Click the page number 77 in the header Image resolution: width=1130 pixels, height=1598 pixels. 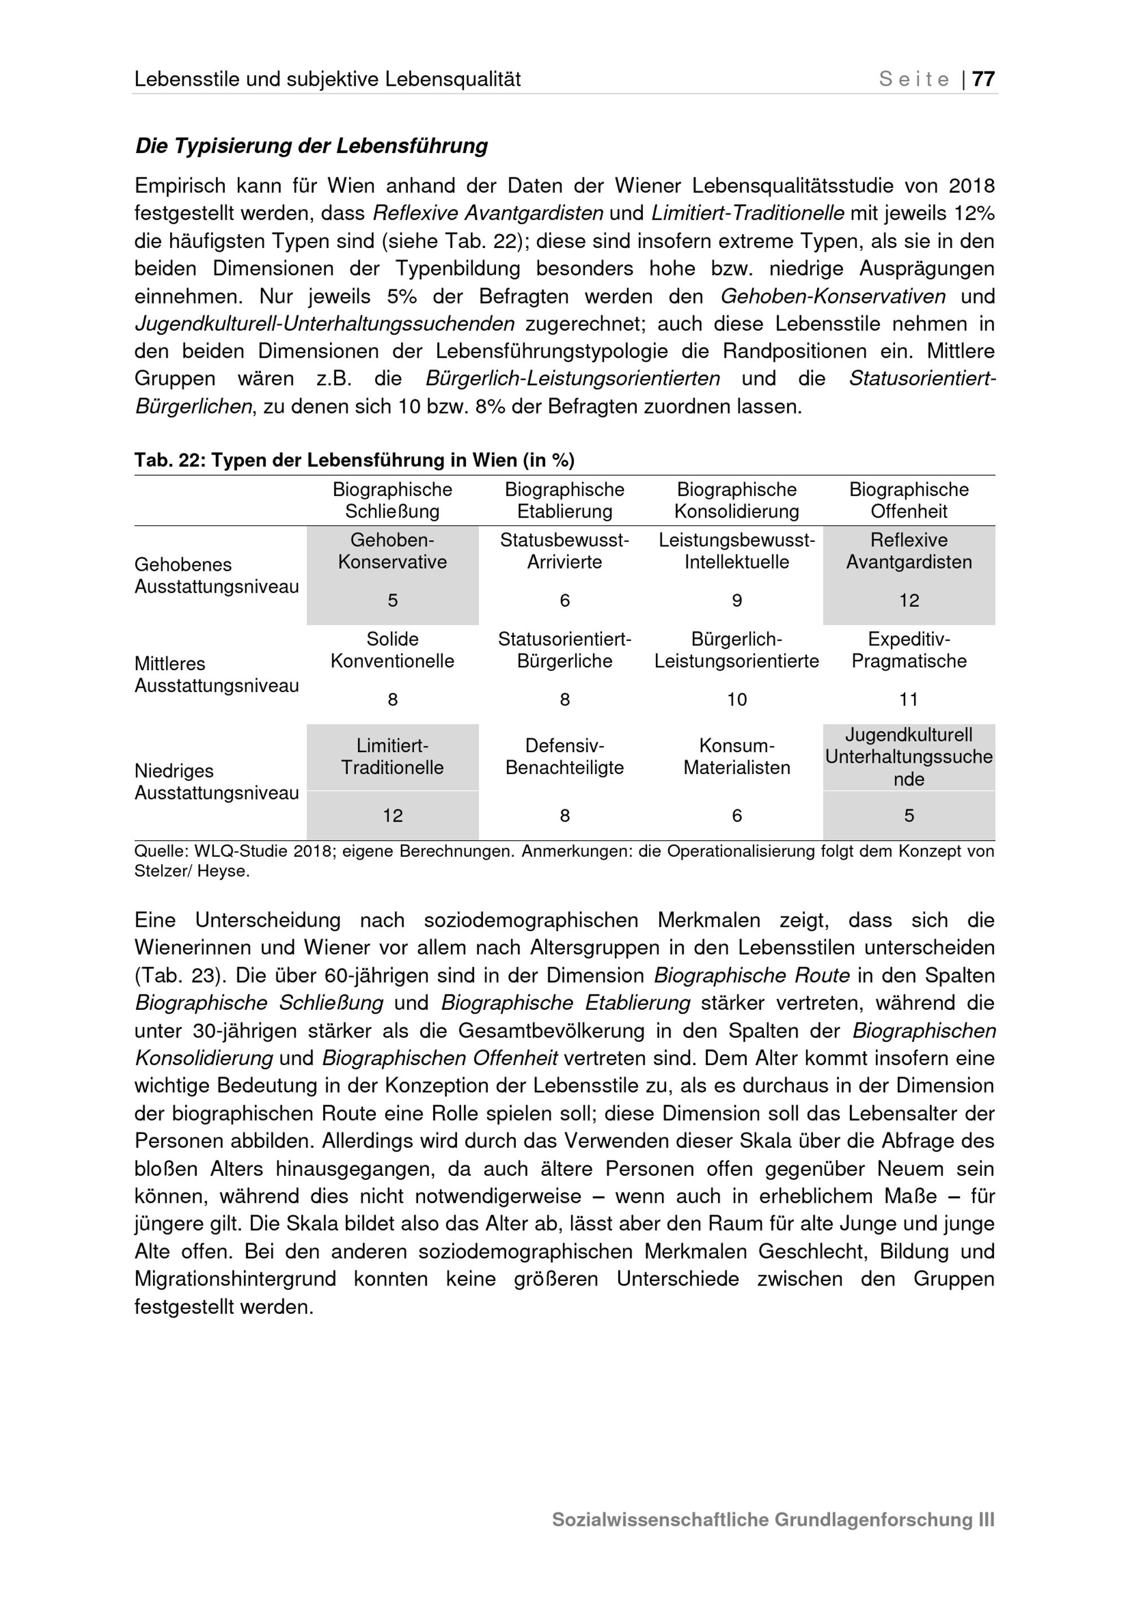click(983, 79)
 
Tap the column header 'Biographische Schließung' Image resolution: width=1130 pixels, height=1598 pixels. click(393, 501)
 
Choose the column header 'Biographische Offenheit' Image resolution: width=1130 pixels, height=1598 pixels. click(909, 501)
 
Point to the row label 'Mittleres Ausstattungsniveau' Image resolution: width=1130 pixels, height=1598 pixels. click(216, 675)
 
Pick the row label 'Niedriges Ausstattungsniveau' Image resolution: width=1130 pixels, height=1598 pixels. click(216, 781)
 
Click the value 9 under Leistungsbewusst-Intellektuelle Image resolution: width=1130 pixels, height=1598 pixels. click(737, 601)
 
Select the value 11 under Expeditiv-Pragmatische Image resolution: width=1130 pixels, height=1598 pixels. click(909, 700)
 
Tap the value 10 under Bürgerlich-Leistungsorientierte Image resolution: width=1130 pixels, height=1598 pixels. click(737, 700)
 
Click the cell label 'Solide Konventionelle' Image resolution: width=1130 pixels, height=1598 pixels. click(393, 650)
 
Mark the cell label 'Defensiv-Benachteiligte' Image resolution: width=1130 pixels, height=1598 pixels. click(564, 757)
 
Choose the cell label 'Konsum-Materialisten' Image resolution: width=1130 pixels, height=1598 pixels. click(737, 757)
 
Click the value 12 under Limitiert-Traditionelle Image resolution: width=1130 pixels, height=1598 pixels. click(393, 816)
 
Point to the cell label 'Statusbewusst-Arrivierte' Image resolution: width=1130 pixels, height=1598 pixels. click(564, 552)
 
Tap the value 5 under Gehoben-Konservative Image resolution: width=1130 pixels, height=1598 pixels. click(393, 601)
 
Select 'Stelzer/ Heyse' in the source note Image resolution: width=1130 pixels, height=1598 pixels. click(192, 871)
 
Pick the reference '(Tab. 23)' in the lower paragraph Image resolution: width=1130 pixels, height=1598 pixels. click(180, 976)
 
